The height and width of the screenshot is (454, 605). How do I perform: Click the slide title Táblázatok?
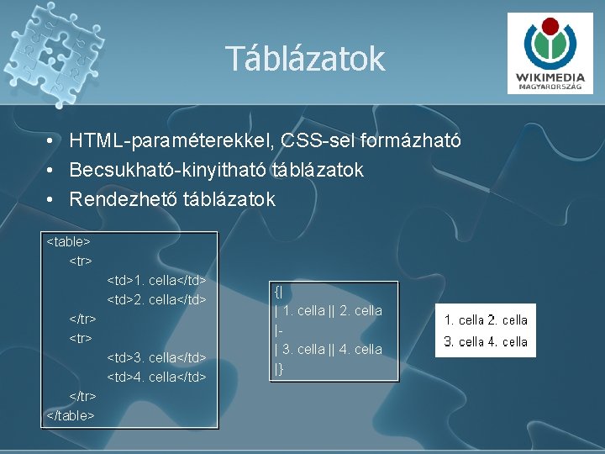pyautogui.click(x=304, y=59)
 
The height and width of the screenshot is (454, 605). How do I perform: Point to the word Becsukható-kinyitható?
pyautogui.click(x=169, y=170)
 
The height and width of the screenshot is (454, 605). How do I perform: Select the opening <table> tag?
pyautogui.click(x=68, y=242)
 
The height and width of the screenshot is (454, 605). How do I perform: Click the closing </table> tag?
pyautogui.click(x=71, y=414)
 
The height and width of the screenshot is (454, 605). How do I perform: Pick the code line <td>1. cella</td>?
pyautogui.click(x=156, y=280)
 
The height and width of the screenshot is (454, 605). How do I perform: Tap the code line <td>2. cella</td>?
pyautogui.click(x=156, y=299)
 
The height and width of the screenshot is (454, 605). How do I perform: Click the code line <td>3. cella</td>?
pyautogui.click(x=156, y=357)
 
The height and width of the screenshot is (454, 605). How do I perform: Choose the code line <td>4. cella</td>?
pyautogui.click(x=156, y=377)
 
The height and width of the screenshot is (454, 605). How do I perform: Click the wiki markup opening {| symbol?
pyautogui.click(x=278, y=292)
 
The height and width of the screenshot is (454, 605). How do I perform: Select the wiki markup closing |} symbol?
pyautogui.click(x=279, y=368)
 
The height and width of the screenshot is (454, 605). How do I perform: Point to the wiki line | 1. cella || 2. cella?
pyautogui.click(x=329, y=311)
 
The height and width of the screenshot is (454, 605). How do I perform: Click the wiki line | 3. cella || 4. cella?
pyautogui.click(x=329, y=349)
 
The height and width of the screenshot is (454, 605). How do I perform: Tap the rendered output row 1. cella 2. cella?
pyautogui.click(x=486, y=320)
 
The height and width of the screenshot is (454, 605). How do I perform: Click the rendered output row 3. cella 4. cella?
pyautogui.click(x=486, y=341)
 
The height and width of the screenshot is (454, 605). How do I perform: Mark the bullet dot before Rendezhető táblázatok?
pyautogui.click(x=52, y=200)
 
